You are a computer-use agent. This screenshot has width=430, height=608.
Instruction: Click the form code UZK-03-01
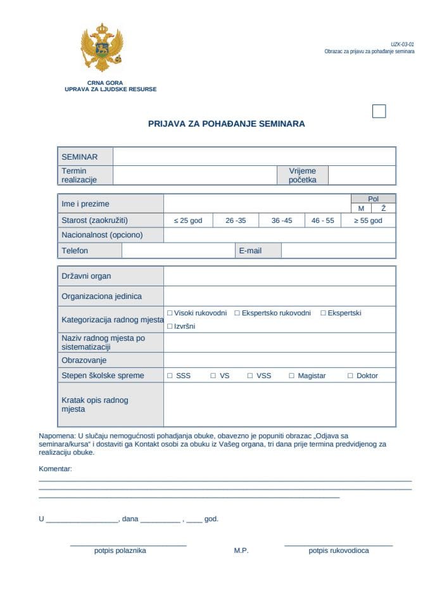pos(402,44)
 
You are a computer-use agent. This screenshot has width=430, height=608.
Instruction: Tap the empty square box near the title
pos(379,111)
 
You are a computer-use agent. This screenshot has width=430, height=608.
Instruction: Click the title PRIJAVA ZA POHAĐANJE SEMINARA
pos(226,124)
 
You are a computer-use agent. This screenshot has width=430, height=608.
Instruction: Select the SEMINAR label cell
pos(85,156)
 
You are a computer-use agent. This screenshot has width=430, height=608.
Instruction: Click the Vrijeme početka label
pos(302,175)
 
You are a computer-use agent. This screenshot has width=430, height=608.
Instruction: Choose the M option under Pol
pos(361,208)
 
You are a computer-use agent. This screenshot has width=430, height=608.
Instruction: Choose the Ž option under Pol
pos(383,208)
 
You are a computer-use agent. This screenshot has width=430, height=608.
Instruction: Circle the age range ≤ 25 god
pos(187,220)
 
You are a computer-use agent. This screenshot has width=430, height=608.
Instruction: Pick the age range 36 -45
pos(282,220)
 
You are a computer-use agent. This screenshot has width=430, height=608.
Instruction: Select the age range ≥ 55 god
pos(367,220)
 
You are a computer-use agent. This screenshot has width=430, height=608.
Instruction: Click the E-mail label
pos(250,251)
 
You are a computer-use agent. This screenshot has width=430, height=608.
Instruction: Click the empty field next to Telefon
pos(178,251)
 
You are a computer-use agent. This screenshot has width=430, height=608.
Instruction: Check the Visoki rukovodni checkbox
pos(170,313)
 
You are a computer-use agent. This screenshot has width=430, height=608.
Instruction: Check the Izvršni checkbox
pos(170,326)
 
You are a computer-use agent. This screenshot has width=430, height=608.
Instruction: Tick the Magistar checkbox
pos(292,376)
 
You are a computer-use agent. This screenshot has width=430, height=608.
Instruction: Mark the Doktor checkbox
pos(350,376)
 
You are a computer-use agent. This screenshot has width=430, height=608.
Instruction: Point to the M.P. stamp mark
pos(241,551)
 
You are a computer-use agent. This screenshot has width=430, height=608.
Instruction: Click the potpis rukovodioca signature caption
pos(338,551)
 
